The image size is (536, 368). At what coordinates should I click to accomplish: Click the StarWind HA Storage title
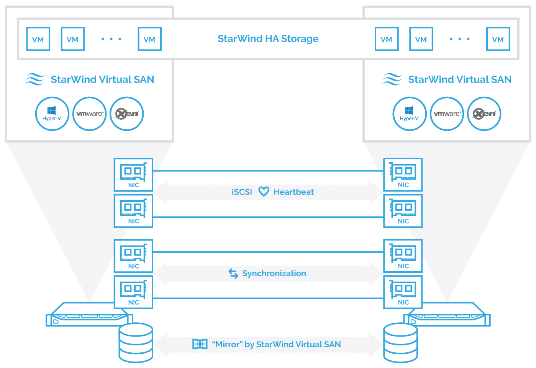(268, 39)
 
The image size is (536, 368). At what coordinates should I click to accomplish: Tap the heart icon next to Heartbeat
(264, 191)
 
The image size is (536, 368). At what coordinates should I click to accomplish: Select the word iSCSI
(242, 192)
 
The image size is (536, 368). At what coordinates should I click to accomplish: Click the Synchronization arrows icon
(233, 273)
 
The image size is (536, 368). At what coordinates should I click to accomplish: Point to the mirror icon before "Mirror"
(200, 344)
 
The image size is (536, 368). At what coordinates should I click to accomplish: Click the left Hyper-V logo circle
(52, 114)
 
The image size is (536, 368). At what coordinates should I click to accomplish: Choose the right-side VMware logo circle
(447, 114)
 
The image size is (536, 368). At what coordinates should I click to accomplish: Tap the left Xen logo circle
(126, 114)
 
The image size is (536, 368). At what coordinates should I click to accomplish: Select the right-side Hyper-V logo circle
(410, 114)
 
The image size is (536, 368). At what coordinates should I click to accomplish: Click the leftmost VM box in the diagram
(38, 39)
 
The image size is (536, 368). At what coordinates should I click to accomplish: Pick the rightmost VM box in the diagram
(498, 39)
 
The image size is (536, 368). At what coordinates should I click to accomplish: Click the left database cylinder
(136, 343)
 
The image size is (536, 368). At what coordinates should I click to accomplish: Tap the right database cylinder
(400, 343)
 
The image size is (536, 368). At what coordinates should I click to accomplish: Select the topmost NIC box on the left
(134, 175)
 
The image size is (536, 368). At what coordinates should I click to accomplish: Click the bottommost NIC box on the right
(403, 292)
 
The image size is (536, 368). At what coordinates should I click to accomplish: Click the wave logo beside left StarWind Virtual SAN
(35, 79)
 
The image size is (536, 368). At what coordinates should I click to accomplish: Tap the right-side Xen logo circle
(484, 114)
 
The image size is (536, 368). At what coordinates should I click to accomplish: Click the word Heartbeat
(293, 192)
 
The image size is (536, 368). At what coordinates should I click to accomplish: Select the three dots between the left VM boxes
(111, 39)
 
